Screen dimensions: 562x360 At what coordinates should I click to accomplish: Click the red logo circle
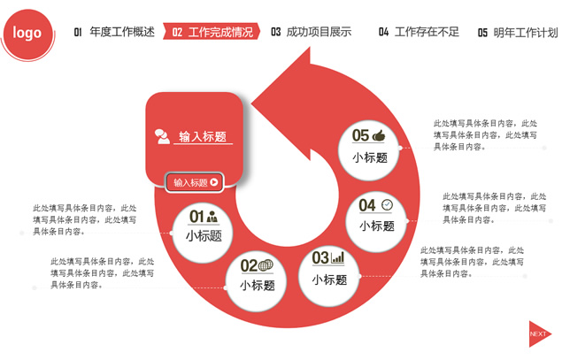(x=27, y=34)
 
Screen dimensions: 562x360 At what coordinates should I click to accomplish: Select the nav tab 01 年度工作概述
(x=114, y=32)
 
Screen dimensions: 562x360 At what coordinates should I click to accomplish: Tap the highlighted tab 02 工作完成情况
(x=212, y=32)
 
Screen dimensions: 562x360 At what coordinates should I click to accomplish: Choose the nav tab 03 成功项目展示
(x=312, y=32)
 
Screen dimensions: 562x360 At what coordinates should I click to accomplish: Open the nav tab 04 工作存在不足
(x=419, y=32)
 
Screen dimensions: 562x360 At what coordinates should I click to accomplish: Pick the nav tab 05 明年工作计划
(x=518, y=33)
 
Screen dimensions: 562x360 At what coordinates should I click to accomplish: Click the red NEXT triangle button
(x=540, y=333)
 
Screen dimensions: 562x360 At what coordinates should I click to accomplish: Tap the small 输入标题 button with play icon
(x=195, y=182)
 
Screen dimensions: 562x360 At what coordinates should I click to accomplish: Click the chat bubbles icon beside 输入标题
(x=162, y=136)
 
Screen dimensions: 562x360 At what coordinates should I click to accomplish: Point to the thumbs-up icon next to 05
(x=379, y=135)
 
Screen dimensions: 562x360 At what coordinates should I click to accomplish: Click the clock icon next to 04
(x=387, y=205)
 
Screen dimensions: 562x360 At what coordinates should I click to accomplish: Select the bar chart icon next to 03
(x=337, y=257)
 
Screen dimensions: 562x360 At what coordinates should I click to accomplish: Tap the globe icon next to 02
(x=266, y=265)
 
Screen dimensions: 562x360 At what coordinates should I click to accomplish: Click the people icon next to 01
(x=212, y=216)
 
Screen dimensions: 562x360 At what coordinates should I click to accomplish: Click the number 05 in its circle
(x=360, y=135)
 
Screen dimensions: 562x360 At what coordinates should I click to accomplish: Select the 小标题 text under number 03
(x=329, y=280)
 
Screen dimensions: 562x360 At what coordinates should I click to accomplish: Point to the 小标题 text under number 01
(x=204, y=236)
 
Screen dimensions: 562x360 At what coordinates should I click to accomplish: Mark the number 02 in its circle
(x=249, y=265)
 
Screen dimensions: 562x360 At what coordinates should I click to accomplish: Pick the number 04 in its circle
(x=367, y=205)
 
